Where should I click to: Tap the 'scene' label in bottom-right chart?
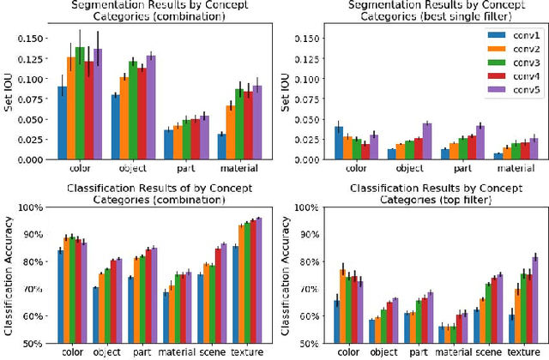(x=486, y=351)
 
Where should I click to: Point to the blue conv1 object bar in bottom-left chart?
(x=94, y=315)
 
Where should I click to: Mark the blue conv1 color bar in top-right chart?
(x=315, y=142)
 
